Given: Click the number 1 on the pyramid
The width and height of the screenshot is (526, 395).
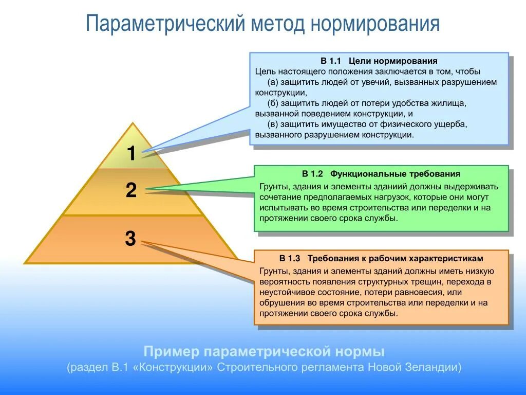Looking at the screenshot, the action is (x=131, y=153).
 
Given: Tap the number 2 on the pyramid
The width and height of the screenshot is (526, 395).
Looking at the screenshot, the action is (x=131, y=191).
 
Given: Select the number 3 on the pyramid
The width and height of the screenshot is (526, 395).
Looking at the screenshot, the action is (x=130, y=239).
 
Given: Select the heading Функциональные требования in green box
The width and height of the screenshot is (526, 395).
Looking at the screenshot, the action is (x=395, y=174).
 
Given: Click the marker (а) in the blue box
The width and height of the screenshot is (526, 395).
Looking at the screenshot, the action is (x=273, y=82).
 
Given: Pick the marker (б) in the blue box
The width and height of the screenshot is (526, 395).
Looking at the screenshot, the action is (x=273, y=103).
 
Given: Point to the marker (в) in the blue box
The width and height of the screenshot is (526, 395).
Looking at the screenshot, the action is (x=273, y=124).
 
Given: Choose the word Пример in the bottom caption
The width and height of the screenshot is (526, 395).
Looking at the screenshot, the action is (x=171, y=352).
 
